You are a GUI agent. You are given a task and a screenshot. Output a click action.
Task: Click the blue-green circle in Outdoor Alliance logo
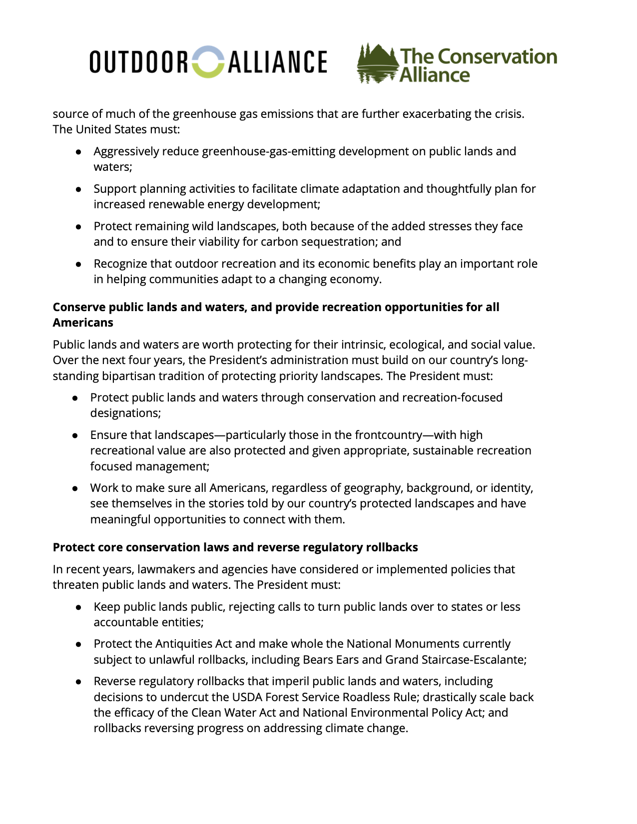[x=208, y=62]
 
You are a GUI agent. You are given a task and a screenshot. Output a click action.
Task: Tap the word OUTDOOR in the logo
[x=139, y=62]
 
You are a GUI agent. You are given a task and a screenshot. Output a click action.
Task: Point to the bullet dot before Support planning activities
[x=78, y=189]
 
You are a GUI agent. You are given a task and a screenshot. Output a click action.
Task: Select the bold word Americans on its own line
[x=83, y=323]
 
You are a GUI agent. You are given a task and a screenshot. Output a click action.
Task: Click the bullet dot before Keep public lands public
[x=78, y=607]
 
